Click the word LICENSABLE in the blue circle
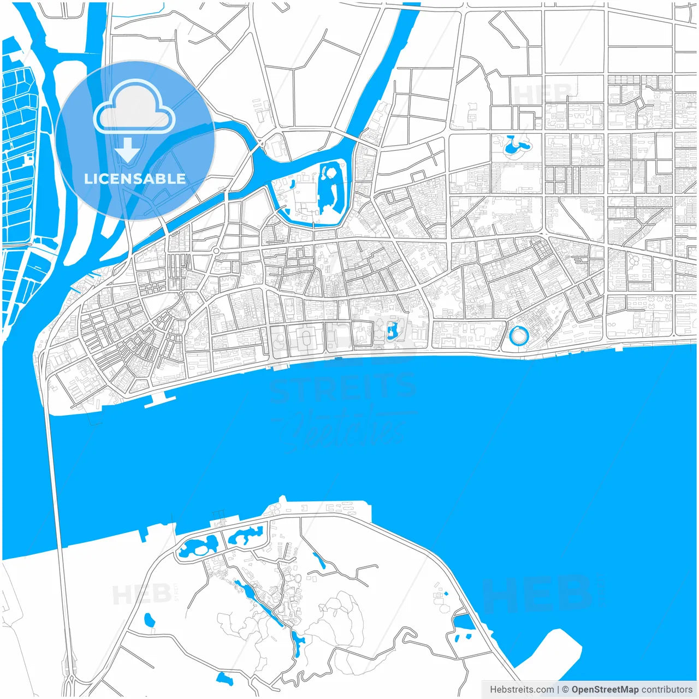point(135,179)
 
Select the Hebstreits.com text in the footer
point(522,690)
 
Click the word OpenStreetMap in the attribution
point(605,690)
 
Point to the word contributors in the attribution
point(667,690)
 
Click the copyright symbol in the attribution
point(566,690)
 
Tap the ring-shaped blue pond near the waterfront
point(518,335)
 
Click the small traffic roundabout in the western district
point(216,251)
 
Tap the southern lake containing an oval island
point(198,546)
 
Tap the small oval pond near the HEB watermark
point(149,620)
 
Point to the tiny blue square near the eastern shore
point(446,593)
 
